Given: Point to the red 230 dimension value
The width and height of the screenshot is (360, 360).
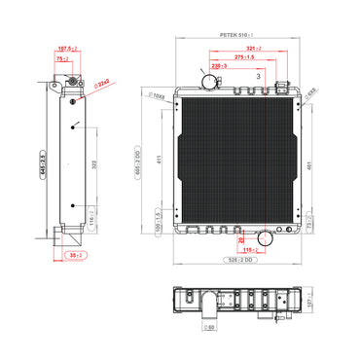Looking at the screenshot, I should [220, 66].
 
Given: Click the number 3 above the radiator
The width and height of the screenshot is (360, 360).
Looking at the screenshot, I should [258, 74].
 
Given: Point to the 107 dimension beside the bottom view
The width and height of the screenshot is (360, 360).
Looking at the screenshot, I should [310, 303].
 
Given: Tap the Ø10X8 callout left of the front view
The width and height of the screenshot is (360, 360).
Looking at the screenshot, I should [157, 97].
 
